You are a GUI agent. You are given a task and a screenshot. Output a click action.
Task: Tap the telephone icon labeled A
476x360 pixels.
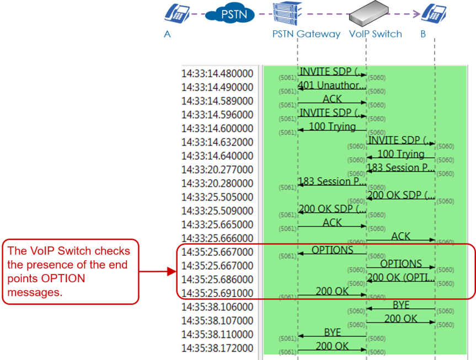(177, 14)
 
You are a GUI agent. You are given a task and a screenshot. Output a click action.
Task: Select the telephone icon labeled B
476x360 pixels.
(434, 13)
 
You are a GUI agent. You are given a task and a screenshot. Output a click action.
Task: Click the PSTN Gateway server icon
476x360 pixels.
(288, 14)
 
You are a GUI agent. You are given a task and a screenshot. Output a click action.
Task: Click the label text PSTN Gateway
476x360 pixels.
(307, 34)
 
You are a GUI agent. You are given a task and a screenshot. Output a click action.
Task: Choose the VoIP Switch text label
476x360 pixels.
(376, 34)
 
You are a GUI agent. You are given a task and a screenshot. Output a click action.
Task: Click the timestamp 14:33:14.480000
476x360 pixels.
(217, 74)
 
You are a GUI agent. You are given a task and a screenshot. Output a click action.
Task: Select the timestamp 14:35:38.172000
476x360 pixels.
(217, 348)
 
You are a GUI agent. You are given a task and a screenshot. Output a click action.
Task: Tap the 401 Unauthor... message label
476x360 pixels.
(332, 85)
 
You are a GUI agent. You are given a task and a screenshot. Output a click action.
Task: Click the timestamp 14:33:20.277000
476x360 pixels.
(217, 170)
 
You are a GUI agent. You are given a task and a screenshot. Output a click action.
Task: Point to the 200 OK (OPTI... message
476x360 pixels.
(401, 277)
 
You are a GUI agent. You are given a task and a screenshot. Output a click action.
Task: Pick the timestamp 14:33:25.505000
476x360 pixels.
(217, 197)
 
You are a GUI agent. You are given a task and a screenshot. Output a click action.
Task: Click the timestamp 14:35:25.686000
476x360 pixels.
(217, 280)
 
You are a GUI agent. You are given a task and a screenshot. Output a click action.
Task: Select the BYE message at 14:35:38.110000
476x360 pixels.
(332, 332)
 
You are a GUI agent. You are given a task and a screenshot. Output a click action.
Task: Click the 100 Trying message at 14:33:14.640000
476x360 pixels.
(401, 154)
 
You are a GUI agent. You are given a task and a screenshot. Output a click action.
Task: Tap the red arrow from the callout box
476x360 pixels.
(158, 271)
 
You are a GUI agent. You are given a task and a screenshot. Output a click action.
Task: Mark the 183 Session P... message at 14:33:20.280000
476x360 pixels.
(332, 181)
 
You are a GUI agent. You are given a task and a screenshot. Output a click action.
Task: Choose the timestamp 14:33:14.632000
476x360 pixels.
(217, 142)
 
